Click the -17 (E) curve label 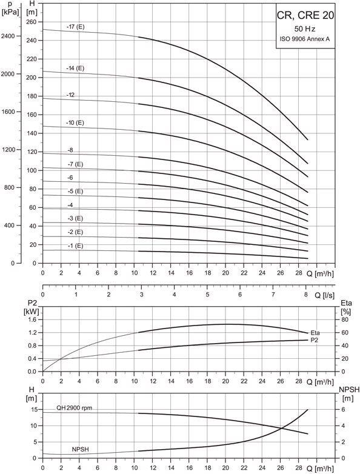(76, 27)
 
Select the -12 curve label (70, 95)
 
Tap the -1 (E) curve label (75, 245)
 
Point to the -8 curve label (70, 150)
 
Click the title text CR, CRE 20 (305, 15)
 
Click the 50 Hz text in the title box (305, 29)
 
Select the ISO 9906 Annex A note (305, 39)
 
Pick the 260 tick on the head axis (32, 22)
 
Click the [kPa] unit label (10, 12)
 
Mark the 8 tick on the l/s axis (306, 295)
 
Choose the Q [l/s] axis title (325, 295)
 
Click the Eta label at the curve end (315, 333)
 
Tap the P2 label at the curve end (315, 340)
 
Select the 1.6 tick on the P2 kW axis (32, 319)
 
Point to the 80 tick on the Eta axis (345, 319)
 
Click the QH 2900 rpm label (75, 408)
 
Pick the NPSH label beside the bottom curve (81, 450)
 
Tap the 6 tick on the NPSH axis (343, 409)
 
